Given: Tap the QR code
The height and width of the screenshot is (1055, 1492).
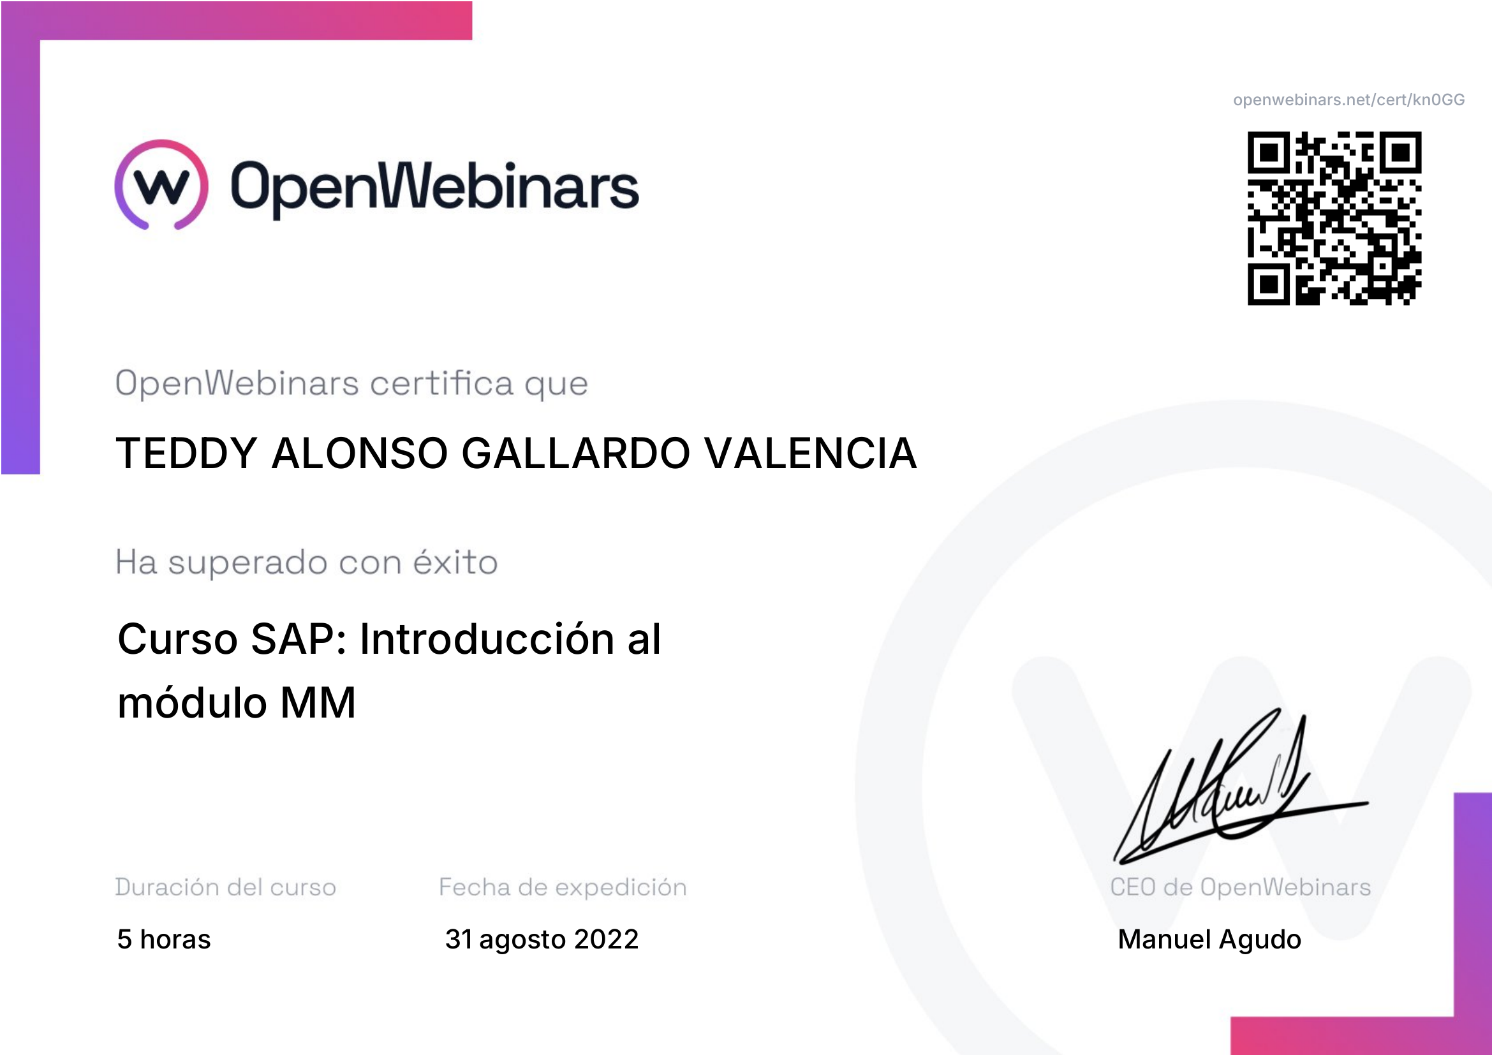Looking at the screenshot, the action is pyautogui.click(x=1334, y=218).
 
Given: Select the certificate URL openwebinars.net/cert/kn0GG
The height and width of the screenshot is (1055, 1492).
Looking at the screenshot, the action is pyautogui.click(x=1349, y=100).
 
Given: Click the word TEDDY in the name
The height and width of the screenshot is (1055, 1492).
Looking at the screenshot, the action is pyautogui.click(x=186, y=453).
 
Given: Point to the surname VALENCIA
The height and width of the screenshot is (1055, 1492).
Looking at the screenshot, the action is pyautogui.click(x=810, y=453).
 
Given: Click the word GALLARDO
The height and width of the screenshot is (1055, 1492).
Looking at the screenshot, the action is pyautogui.click(x=576, y=453).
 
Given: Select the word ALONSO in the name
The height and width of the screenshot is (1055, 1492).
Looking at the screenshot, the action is pyautogui.click(x=359, y=453).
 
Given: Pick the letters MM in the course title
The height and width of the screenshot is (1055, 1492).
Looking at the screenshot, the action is pyautogui.click(x=318, y=703).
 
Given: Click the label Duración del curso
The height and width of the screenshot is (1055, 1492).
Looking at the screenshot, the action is pyautogui.click(x=225, y=887).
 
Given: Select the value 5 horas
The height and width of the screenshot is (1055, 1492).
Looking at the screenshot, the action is pyautogui.click(x=164, y=940).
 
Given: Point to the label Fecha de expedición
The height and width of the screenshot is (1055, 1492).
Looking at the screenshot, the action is pyautogui.click(x=563, y=887).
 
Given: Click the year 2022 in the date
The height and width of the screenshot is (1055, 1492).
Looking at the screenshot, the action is pyautogui.click(x=606, y=940).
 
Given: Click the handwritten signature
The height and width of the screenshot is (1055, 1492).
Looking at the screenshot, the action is pyautogui.click(x=1241, y=786).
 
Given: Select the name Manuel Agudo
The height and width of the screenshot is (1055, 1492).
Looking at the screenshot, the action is pyautogui.click(x=1209, y=940).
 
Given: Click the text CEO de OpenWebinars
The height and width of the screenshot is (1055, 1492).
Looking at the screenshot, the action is pyautogui.click(x=1241, y=887).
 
